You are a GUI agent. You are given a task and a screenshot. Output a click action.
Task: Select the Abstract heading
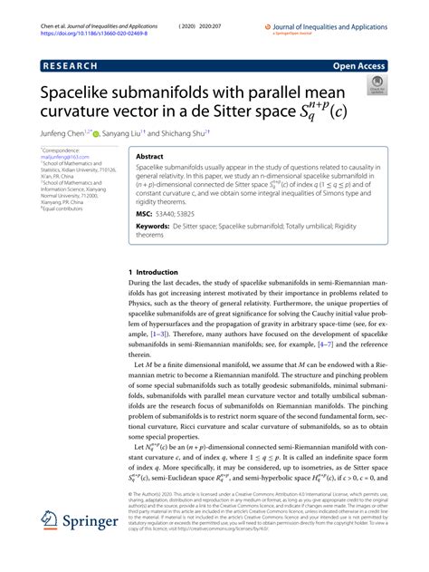click(x=149, y=156)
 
